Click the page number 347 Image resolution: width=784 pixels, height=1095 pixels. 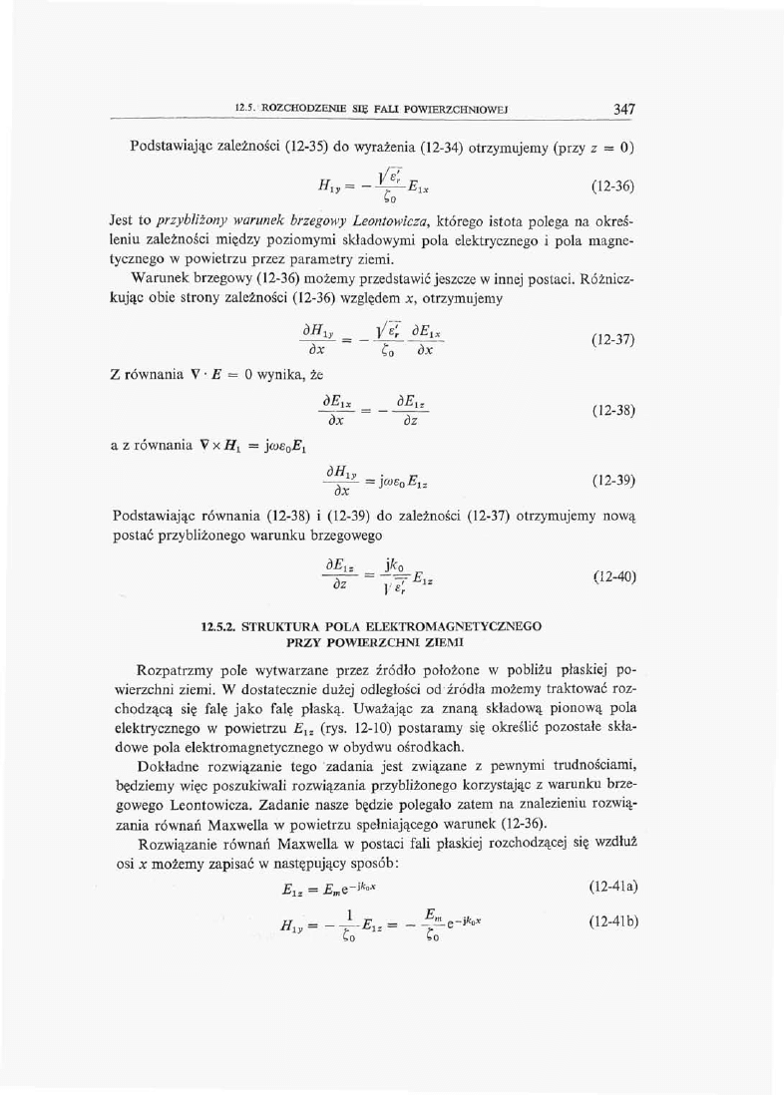[x=625, y=109]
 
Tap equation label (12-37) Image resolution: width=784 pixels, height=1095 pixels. [x=612, y=339]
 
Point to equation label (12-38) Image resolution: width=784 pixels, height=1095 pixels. [x=612, y=410]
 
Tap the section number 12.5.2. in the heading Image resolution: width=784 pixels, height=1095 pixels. [x=218, y=626]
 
